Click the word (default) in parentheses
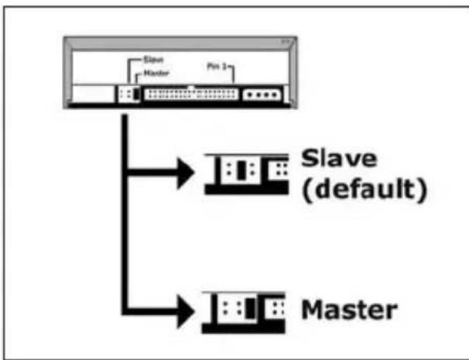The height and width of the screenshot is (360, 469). coord(361,190)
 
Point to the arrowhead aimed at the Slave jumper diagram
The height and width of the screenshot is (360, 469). coord(183,174)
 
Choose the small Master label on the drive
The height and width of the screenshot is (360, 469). coord(149,73)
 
